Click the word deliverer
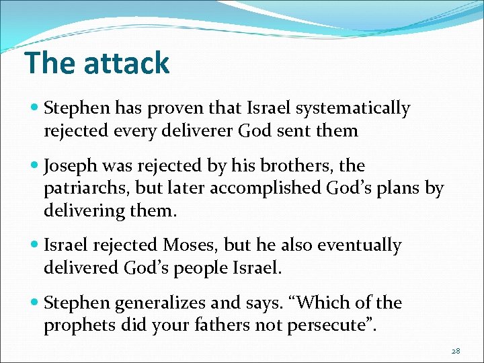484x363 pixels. pos(198,130)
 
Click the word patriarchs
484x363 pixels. pos(89,189)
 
